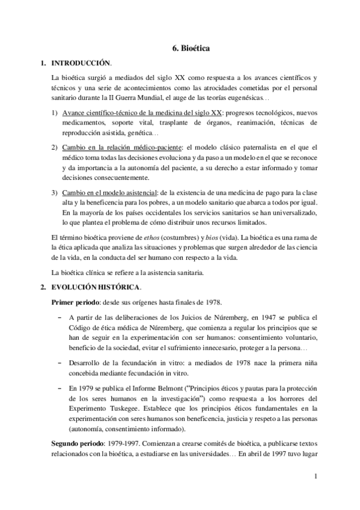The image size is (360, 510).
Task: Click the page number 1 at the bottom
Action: (x=315, y=477)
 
